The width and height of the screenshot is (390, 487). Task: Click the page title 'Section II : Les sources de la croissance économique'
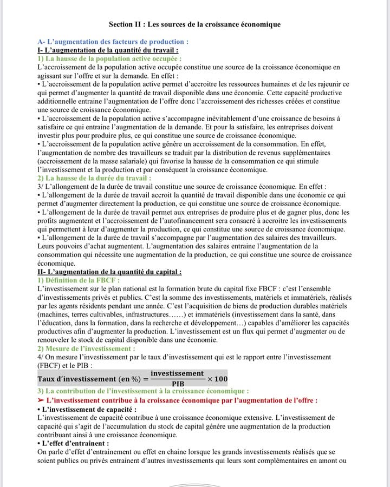[x=194, y=24]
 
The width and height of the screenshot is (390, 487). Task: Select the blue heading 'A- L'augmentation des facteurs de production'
[x=113, y=42]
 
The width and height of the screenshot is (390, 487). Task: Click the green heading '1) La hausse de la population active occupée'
[x=109, y=58]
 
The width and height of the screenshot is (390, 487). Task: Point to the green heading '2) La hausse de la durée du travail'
[x=94, y=177]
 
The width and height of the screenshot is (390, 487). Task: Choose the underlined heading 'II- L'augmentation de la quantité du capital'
[x=109, y=272]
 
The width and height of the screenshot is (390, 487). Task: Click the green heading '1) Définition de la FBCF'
[x=79, y=280]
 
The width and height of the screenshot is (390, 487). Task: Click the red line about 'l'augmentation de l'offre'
[x=183, y=400]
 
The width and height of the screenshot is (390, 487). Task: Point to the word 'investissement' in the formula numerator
[x=177, y=373]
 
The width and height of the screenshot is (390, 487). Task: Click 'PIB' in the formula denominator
[x=178, y=384]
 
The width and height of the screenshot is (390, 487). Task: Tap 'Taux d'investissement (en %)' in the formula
[x=89, y=379]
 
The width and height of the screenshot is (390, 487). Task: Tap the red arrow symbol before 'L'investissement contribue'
[x=41, y=400]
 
